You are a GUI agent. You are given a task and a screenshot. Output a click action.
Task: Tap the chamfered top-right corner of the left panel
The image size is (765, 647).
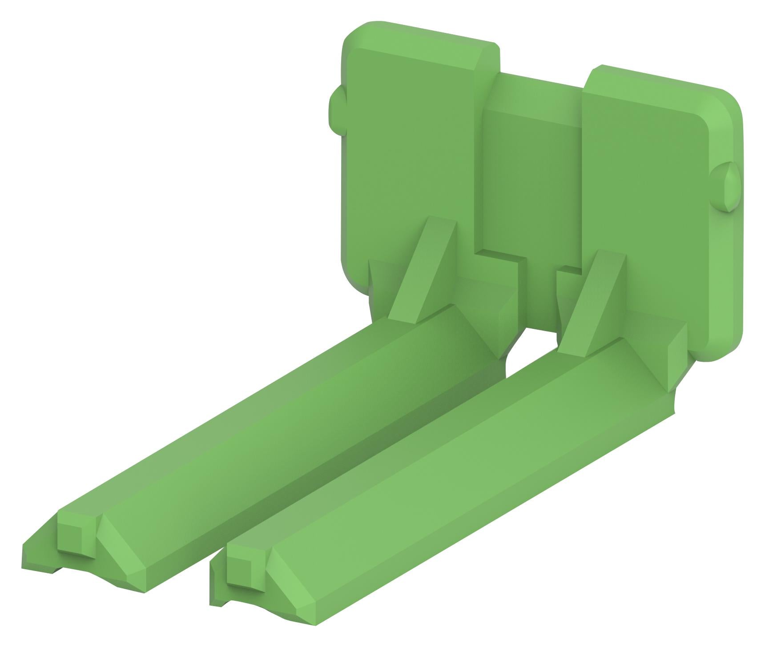487,58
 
